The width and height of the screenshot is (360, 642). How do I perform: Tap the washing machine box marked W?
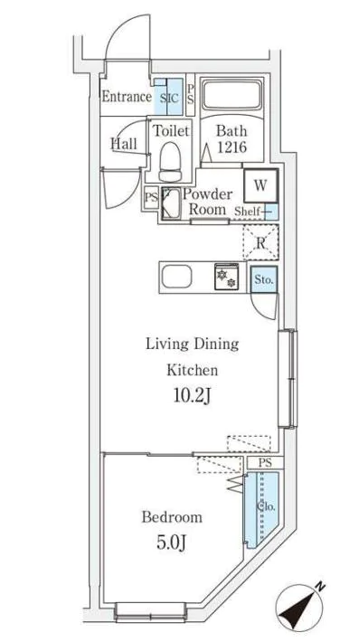coord(261,185)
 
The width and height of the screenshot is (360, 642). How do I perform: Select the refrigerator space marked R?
coord(261,242)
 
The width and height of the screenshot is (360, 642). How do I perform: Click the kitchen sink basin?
coord(176,277)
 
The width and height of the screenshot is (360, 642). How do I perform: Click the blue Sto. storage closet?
coord(264,279)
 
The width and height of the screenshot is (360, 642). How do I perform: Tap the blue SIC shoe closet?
coord(168,97)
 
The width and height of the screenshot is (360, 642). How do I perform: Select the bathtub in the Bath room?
coord(232,96)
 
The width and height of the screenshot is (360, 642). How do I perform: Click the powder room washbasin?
coord(171,203)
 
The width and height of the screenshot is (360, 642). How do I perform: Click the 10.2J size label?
coord(192,396)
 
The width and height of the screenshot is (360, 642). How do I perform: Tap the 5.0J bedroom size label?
coord(172,543)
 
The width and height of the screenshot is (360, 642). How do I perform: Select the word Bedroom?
coord(172,516)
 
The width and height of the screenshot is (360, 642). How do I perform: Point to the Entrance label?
coord(127,97)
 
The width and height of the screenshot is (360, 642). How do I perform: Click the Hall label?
coord(124,143)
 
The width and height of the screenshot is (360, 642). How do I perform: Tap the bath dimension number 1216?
coord(232,147)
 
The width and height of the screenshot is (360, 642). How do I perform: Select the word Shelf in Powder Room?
coord(247,212)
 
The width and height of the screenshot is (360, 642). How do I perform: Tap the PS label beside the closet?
coord(265,463)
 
